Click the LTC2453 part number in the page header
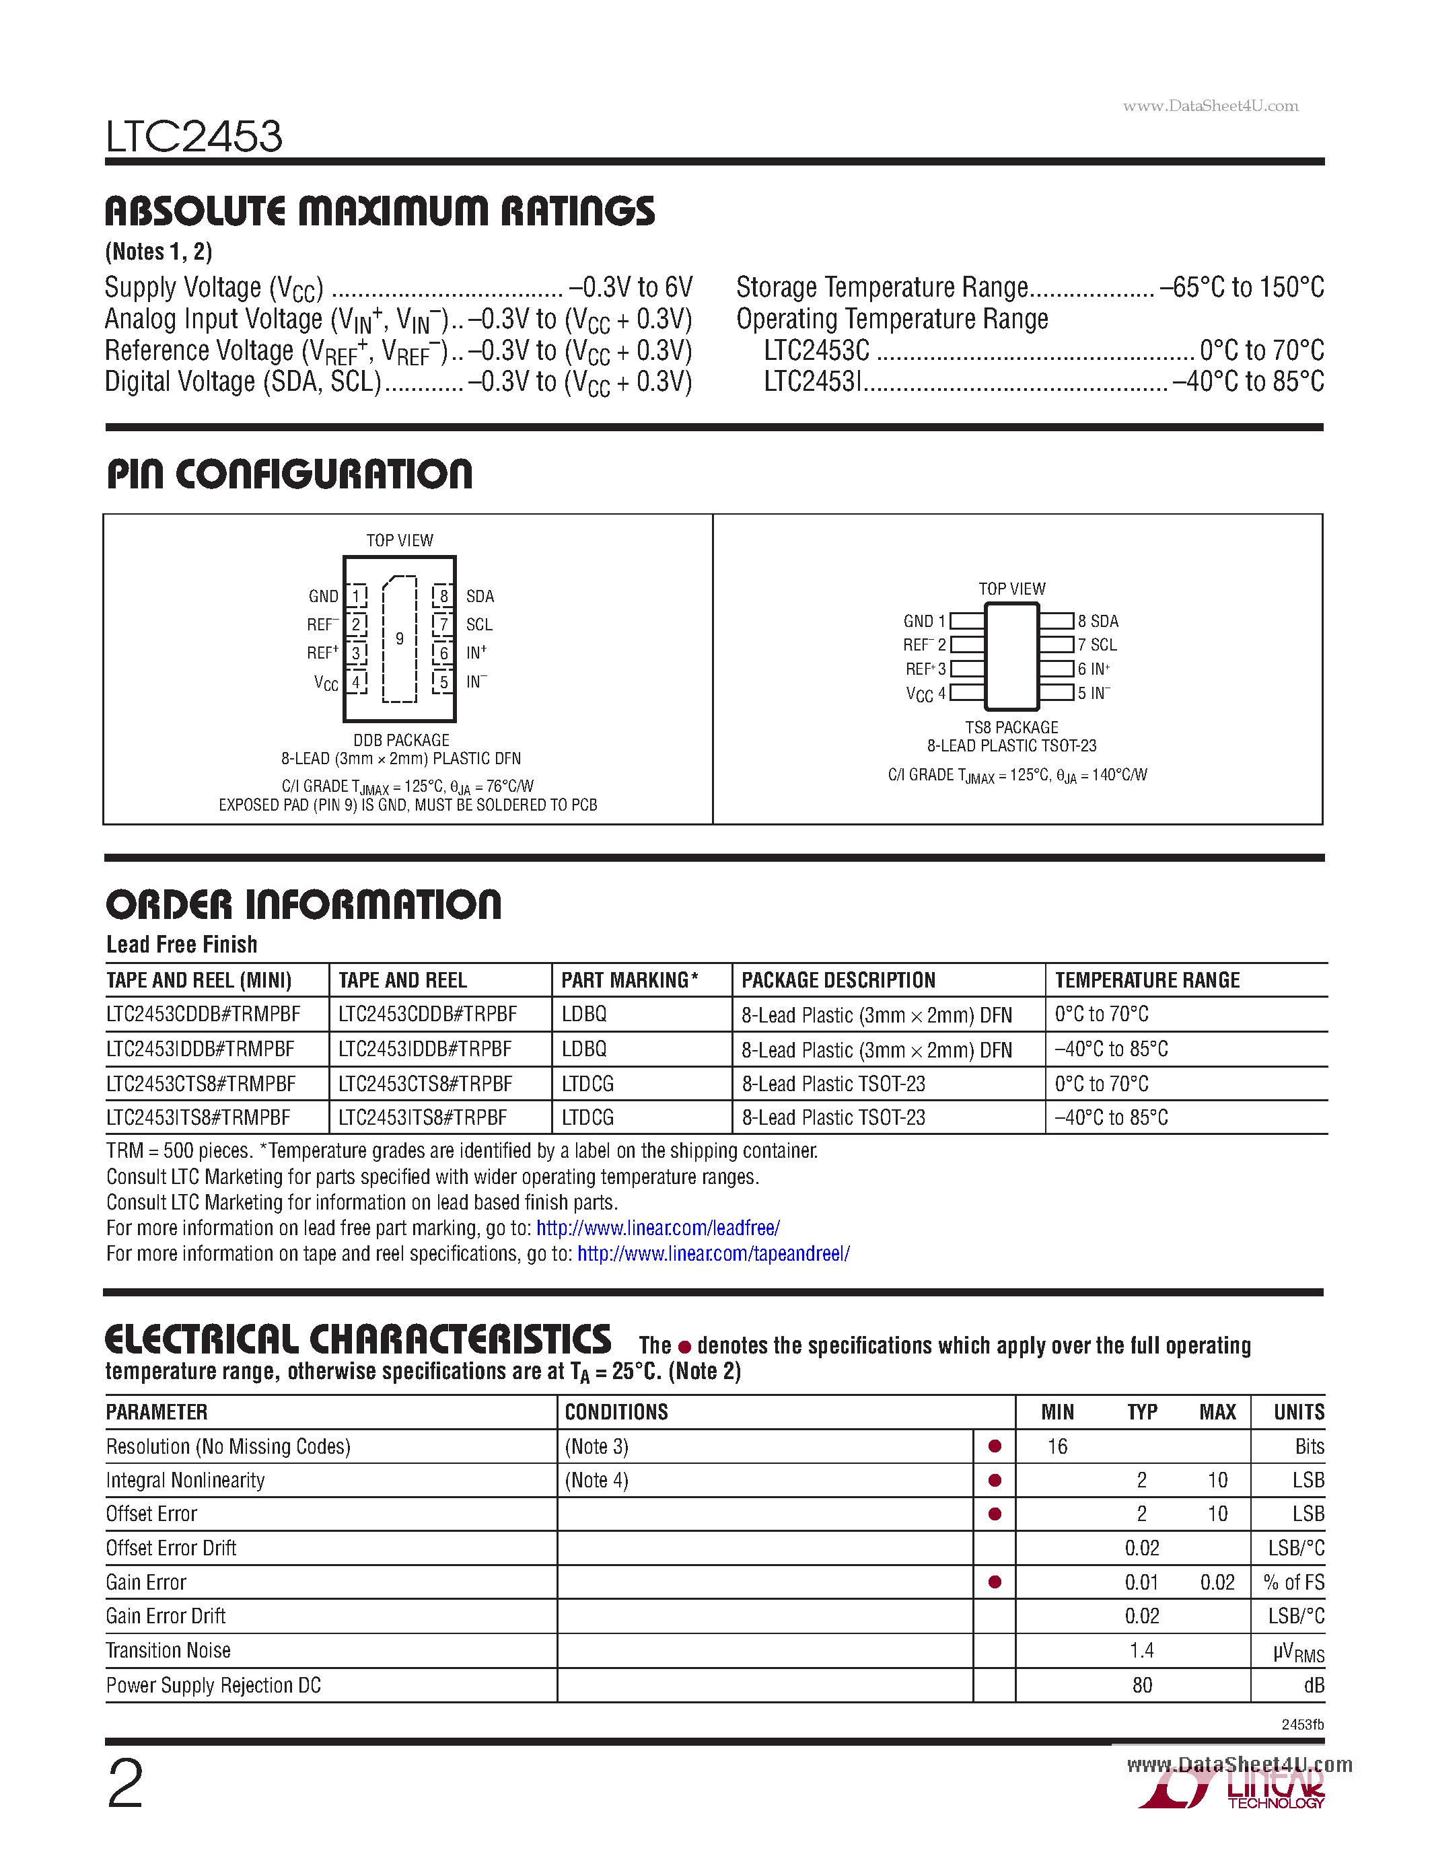[194, 137]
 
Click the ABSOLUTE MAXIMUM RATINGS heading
[380, 211]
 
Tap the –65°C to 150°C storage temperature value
[1241, 288]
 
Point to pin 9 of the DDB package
[399, 638]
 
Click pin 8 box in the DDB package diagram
[443, 596]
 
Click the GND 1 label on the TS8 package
[924, 621]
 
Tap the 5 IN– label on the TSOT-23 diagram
[1094, 693]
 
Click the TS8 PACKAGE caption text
[1011, 728]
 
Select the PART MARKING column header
[629, 980]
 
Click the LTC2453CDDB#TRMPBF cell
[203, 1014]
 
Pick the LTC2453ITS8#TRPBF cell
[423, 1118]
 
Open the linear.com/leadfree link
[658, 1228]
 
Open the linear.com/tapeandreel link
[713, 1254]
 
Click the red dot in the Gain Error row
[995, 1582]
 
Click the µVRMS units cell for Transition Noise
[1298, 1652]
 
